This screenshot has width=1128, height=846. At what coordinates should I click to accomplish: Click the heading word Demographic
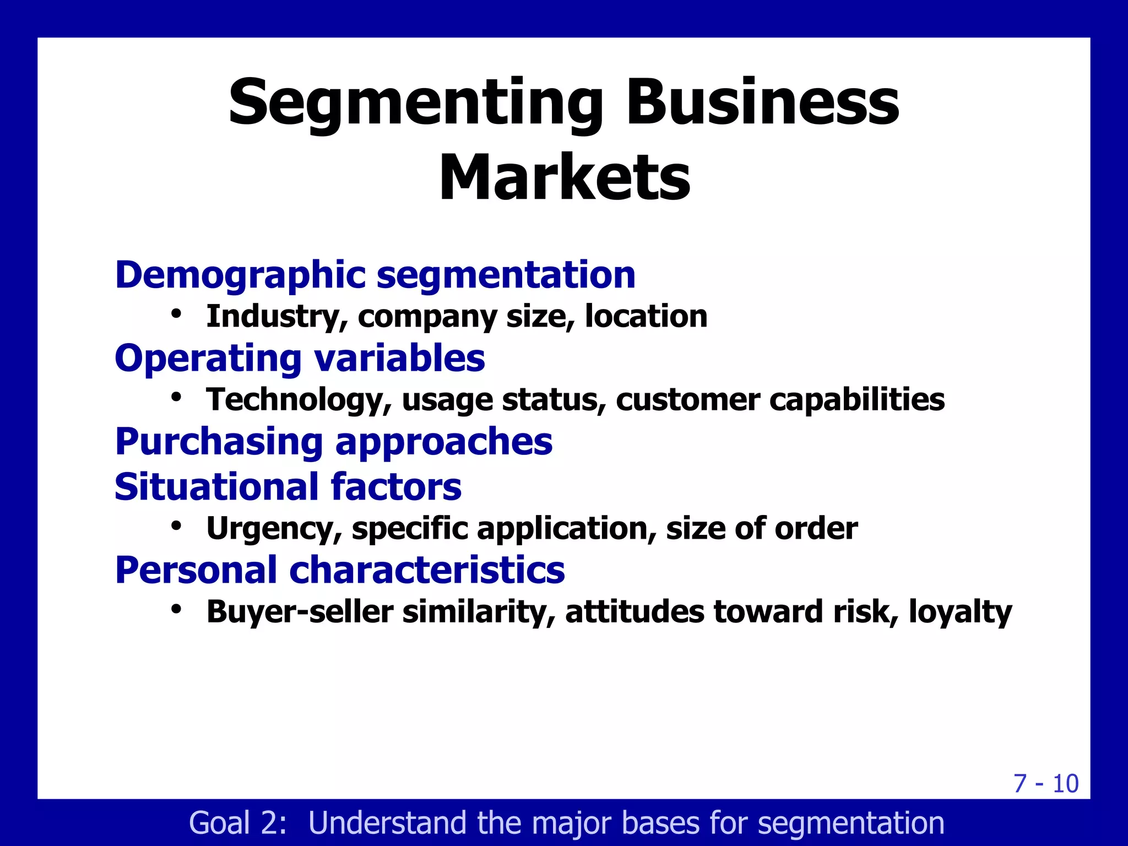(240, 275)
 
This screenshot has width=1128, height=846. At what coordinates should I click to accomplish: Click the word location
(646, 316)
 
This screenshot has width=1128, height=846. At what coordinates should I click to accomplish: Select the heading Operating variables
(300, 358)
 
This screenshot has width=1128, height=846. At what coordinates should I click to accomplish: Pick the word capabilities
(857, 399)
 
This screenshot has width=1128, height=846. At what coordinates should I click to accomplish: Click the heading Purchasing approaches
(333, 442)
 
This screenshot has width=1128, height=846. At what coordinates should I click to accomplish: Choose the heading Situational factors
(288, 487)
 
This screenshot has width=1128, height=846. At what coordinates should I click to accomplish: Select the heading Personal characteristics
(340, 570)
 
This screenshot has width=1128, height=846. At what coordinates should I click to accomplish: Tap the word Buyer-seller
(300, 611)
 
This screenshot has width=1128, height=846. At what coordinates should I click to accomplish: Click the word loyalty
(960, 611)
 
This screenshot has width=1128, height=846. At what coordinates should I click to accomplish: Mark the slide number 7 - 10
(1045, 783)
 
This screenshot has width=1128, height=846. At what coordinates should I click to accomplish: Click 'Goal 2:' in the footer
(238, 823)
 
